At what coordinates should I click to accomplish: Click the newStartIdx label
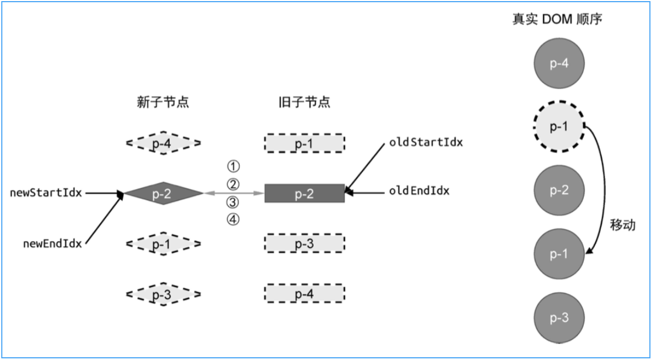46,193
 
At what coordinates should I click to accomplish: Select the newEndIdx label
52,243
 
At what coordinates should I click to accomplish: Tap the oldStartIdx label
426,142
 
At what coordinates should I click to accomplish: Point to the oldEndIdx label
419,191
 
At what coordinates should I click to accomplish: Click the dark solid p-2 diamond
164,193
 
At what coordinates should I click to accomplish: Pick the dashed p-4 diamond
164,143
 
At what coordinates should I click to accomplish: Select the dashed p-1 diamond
164,243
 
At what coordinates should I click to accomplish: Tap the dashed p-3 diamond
164,294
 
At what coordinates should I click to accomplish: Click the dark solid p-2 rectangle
305,193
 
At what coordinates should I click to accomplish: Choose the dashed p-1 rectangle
305,143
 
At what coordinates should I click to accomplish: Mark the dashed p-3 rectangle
305,243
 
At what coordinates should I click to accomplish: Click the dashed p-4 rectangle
305,293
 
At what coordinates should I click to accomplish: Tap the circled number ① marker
233,166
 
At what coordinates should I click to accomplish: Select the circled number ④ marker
233,220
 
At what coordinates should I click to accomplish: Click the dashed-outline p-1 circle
559,127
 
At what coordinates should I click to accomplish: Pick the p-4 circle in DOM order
559,63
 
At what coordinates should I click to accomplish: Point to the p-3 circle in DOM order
559,318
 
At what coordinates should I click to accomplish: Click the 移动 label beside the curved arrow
623,225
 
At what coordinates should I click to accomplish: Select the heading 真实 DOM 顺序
557,20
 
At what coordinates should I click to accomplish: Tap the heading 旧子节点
305,102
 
